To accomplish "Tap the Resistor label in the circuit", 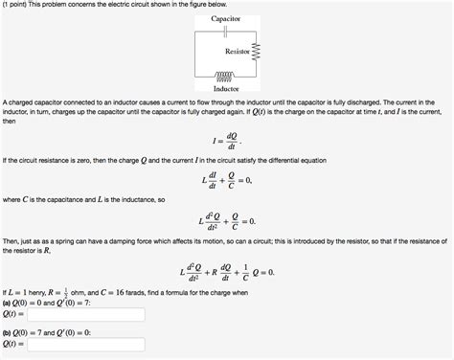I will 238,50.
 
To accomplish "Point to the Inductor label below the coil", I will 225,89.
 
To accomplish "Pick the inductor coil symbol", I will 225,76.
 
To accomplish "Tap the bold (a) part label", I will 9,302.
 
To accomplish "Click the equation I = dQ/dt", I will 226,141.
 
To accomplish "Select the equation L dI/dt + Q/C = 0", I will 226,181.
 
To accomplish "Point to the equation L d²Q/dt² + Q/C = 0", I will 226,221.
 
